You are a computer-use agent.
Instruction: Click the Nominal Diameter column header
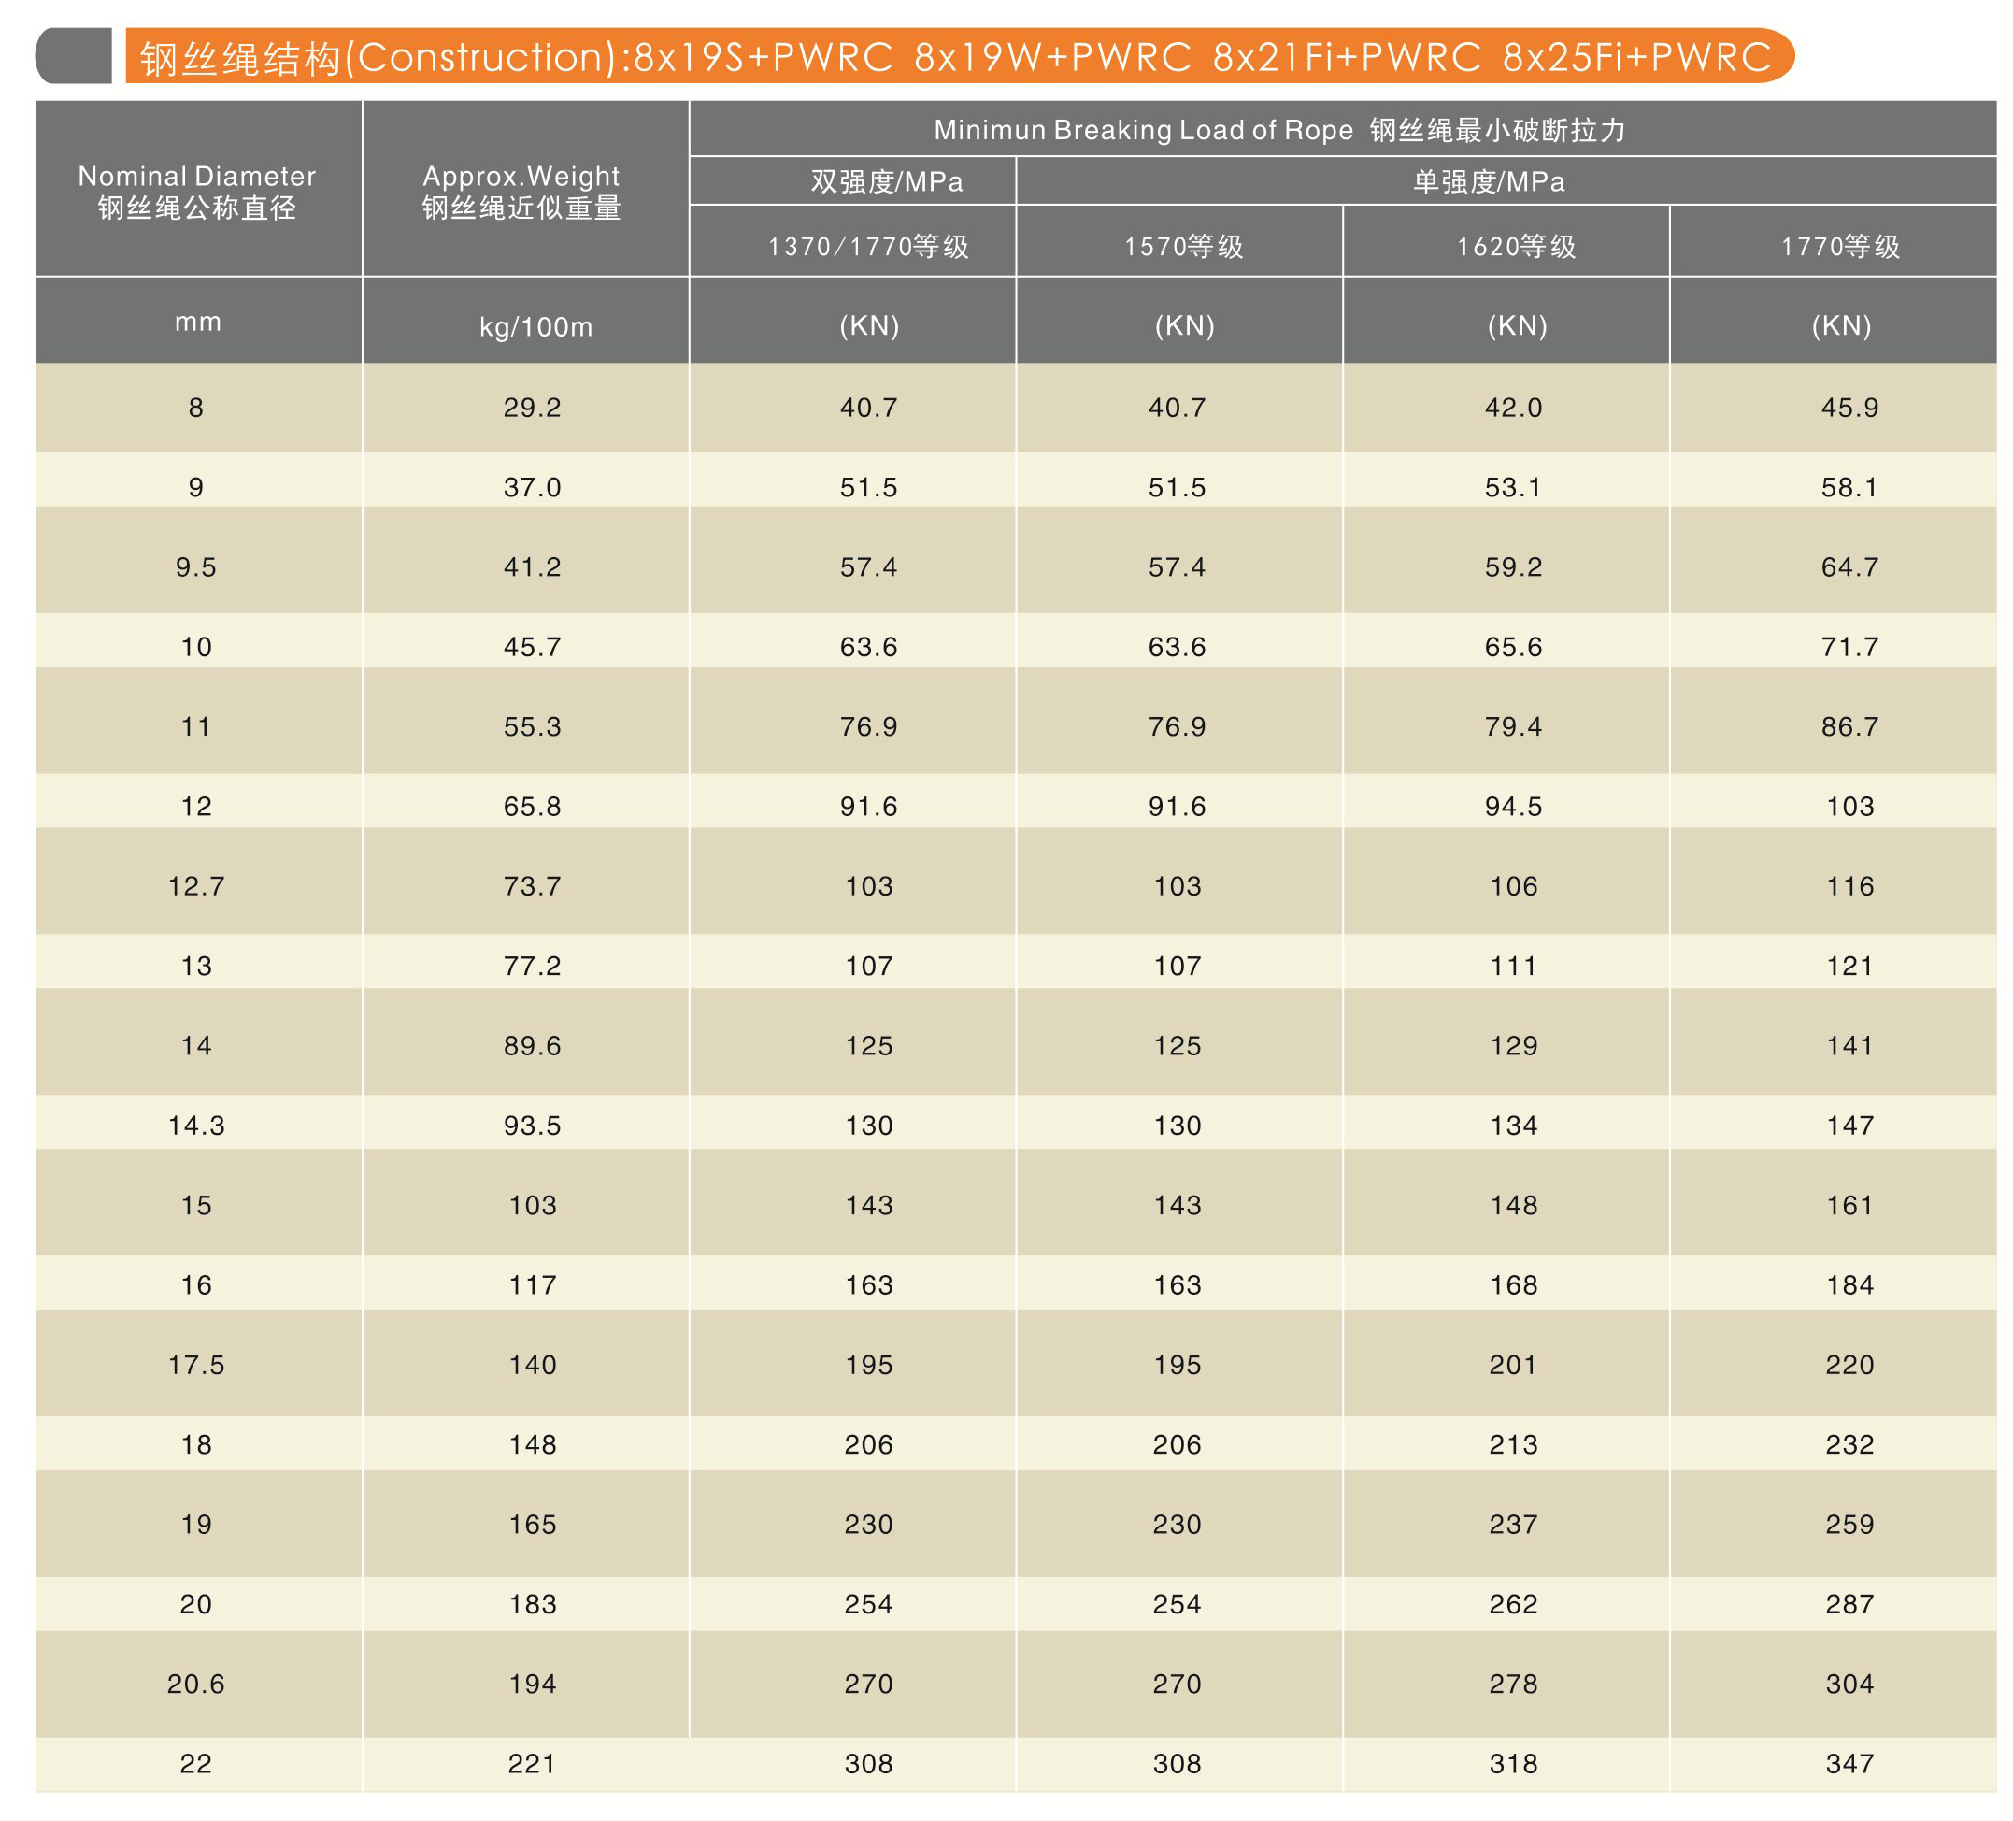tap(196, 191)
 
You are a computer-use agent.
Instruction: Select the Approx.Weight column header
tap(521, 191)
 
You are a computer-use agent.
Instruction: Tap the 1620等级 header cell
tap(1516, 247)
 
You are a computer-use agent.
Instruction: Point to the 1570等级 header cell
tap(1183, 247)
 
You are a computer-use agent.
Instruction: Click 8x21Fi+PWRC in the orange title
tap(1346, 57)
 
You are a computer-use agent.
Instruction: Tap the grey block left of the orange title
tap(74, 56)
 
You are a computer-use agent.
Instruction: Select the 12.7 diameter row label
tap(196, 886)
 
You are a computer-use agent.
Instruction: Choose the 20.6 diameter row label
tap(196, 1685)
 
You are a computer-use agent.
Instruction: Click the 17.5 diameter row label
tap(196, 1365)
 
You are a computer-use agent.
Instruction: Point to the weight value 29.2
tap(532, 408)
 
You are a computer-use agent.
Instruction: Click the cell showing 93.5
tap(532, 1126)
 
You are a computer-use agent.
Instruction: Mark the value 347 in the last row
tap(1849, 1764)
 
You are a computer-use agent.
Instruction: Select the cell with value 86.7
tap(1849, 726)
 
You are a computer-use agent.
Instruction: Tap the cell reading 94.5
tap(1513, 806)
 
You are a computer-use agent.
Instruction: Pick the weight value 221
tap(532, 1764)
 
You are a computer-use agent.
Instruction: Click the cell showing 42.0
tap(1513, 408)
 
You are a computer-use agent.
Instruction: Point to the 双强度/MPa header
tap(887, 181)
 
